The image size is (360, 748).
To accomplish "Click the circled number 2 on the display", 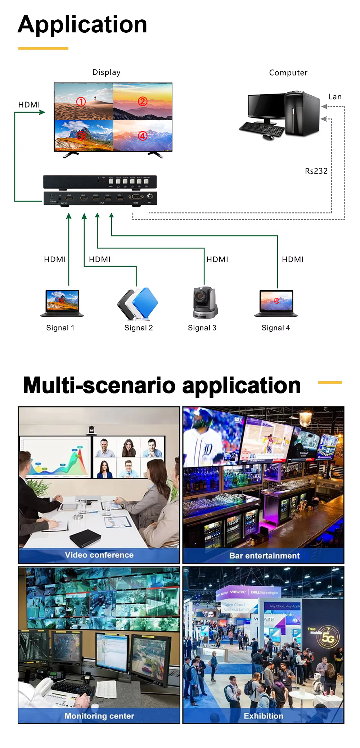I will (x=143, y=102).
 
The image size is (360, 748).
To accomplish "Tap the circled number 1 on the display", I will (x=81, y=102).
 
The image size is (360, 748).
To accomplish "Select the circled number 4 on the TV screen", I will (x=143, y=136).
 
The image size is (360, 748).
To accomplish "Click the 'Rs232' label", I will (x=316, y=171).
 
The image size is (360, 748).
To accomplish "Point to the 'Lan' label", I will (x=335, y=97).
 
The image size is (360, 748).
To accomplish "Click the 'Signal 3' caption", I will (x=202, y=328).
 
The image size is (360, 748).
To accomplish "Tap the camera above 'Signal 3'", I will (x=204, y=303).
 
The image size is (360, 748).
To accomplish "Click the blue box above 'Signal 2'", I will (x=145, y=302).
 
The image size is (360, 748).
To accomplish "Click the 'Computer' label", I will (x=288, y=73).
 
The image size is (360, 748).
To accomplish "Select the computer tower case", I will (x=302, y=113).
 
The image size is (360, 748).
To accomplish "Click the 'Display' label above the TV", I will (x=106, y=72).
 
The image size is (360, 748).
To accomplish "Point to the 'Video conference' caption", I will (x=99, y=555).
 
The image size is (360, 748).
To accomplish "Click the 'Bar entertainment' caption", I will (x=264, y=556).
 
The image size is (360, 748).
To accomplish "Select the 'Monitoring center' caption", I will (x=99, y=716).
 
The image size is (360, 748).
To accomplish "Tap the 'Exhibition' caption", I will (x=264, y=716).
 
